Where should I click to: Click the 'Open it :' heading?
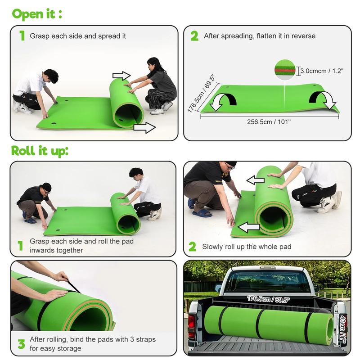click(37, 14)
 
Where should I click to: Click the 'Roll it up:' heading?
click(40, 151)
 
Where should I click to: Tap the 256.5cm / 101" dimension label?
click(269, 121)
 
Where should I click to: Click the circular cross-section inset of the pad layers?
click(285, 70)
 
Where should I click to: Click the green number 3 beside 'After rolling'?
click(21, 344)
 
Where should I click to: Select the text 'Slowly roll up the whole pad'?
click(247, 247)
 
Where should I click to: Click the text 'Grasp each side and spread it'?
click(78, 36)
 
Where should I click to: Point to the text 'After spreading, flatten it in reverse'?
click(260, 36)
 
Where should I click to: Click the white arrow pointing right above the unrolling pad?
click(121, 75)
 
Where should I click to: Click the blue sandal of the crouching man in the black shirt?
click(202, 213)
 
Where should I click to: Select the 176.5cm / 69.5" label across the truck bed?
click(268, 299)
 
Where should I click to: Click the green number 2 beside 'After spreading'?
click(194, 36)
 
